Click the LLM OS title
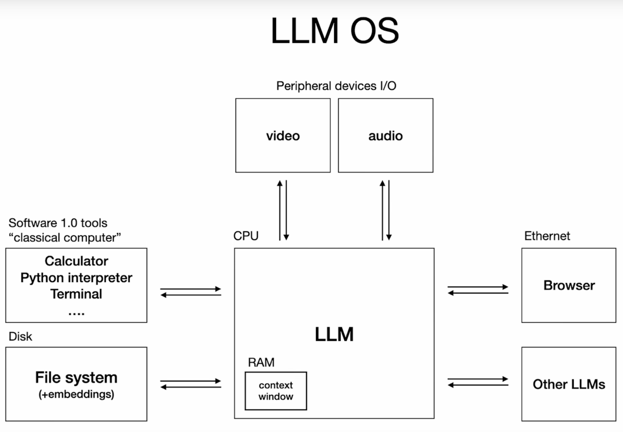[335, 30]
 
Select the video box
[283, 135]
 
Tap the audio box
[385, 135]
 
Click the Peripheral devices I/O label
[336, 86]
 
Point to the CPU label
[246, 236]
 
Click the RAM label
[261, 362]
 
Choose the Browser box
[569, 285]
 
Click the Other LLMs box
[569, 384]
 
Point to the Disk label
[20, 336]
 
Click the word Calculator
[76, 261]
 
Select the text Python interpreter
[76, 278]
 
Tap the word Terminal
[76, 294]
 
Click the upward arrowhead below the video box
[280, 184]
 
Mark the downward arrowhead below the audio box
[389, 237]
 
